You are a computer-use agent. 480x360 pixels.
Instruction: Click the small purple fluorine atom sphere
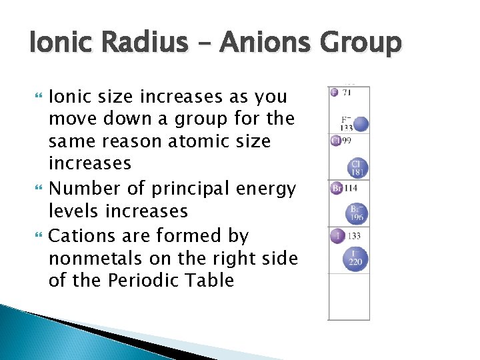click(334, 92)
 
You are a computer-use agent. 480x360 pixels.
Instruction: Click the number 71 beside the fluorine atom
click(347, 93)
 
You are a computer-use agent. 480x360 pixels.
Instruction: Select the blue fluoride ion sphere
click(361, 123)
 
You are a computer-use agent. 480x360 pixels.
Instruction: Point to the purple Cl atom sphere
click(335, 141)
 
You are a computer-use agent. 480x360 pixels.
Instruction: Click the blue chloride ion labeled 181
click(358, 167)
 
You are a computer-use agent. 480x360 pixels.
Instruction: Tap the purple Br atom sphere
click(336, 189)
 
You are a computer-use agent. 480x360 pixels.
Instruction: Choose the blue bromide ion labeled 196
click(357, 213)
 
